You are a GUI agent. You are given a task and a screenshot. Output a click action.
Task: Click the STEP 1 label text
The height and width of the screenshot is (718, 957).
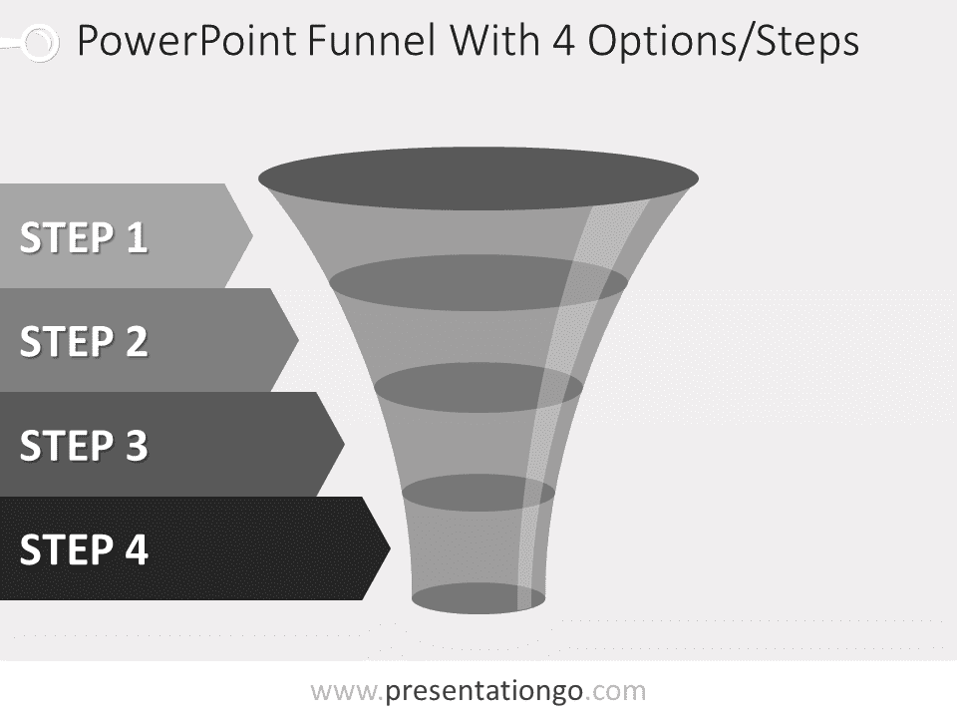pos(84,238)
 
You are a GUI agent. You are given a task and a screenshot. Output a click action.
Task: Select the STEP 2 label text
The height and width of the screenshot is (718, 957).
pos(84,342)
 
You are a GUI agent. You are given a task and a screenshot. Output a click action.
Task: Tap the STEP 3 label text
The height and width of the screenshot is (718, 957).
pos(84,446)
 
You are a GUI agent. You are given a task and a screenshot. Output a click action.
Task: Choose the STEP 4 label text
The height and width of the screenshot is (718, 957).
pos(84,549)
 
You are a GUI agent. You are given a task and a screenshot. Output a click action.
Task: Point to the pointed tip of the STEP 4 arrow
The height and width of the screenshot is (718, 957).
pos(388,547)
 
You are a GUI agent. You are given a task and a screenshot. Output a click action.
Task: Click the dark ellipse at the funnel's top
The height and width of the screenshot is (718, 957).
pos(478,179)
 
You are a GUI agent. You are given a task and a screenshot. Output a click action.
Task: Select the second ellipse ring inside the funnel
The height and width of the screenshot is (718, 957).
pos(478,283)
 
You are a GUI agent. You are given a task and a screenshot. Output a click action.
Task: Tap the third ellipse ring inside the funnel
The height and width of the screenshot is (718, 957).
pos(478,387)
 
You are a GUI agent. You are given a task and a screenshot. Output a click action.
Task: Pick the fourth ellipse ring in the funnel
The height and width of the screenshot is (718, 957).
pos(478,492)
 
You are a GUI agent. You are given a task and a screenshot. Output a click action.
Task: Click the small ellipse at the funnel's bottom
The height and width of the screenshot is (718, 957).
pos(478,598)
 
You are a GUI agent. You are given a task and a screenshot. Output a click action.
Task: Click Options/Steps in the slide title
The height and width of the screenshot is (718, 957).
pos(722,42)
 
